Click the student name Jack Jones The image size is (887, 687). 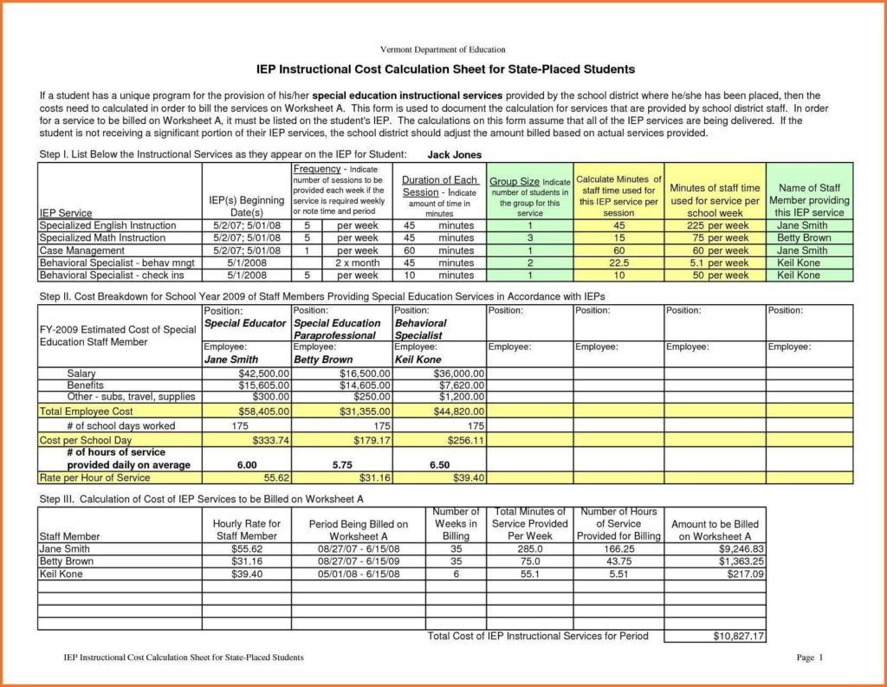point(455,154)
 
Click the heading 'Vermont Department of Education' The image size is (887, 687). point(443,50)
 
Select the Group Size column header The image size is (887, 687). point(529,197)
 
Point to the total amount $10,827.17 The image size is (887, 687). point(738,637)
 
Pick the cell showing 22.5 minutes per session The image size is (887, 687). point(618,263)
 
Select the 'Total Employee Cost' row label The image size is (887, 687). point(87,412)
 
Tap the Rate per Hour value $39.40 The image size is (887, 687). point(465,477)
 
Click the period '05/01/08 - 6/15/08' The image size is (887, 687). point(358,574)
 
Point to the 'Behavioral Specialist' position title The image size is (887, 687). point(421,329)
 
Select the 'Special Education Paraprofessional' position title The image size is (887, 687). point(337,329)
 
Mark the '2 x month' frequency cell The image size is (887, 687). point(357,263)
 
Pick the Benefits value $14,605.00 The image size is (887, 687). point(363,385)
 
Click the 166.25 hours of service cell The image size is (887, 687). point(618,548)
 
